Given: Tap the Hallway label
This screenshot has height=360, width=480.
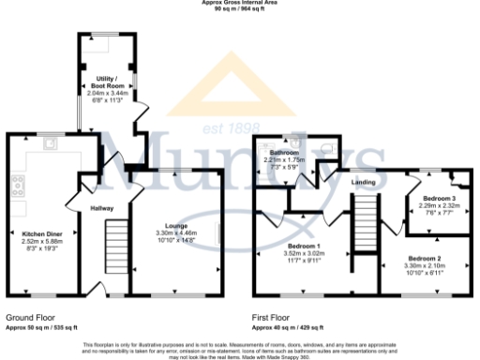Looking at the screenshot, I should click(101, 208).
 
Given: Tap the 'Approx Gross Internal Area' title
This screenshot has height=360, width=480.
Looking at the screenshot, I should click(240, 3).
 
